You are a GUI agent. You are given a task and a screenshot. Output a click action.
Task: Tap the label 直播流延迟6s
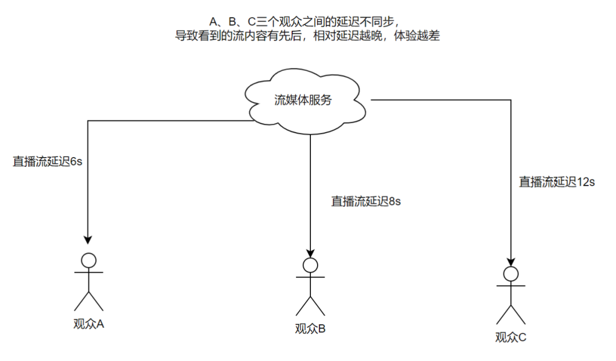pyautogui.click(x=48, y=162)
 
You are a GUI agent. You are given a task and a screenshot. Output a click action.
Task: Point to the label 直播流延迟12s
pyautogui.click(x=557, y=182)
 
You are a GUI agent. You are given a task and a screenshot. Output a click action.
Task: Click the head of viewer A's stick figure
pyautogui.click(x=88, y=260)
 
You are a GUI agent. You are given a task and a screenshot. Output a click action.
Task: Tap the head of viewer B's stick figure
pyautogui.click(x=310, y=265)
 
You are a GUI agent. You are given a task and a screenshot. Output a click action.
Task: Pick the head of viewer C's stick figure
pyautogui.click(x=510, y=274)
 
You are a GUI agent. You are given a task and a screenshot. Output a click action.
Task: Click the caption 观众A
pyautogui.click(x=88, y=323)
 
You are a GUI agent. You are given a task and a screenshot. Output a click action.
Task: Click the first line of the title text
pyautogui.click(x=307, y=22)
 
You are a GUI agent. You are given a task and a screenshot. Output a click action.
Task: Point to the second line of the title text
pyautogui.click(x=307, y=35)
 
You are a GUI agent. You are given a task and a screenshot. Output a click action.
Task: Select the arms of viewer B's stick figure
pyautogui.click(x=310, y=278)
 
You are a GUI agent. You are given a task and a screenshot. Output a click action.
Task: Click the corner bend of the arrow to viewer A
pyautogui.click(x=88, y=121)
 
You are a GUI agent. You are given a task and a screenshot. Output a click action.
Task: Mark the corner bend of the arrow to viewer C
pyautogui.click(x=510, y=99)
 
